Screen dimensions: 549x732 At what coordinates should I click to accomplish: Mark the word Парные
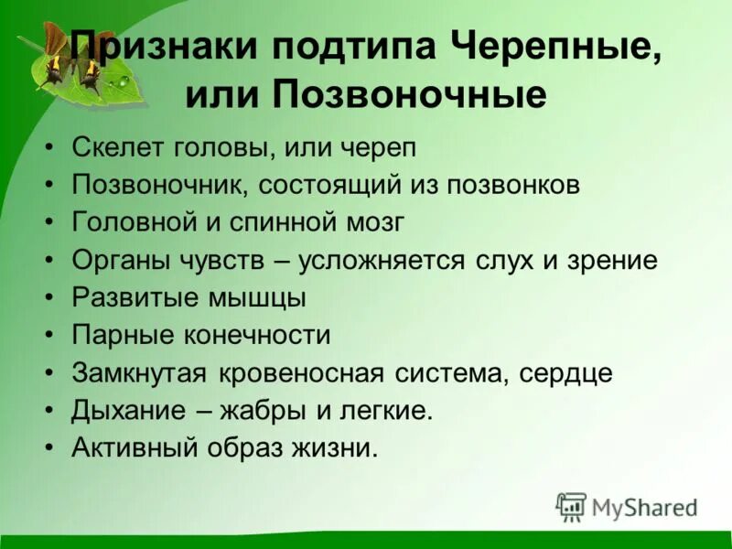[x=119, y=336]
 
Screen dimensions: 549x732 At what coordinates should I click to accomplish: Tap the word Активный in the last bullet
[x=132, y=448]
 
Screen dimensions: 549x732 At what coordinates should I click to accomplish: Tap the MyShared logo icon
[x=572, y=506]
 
